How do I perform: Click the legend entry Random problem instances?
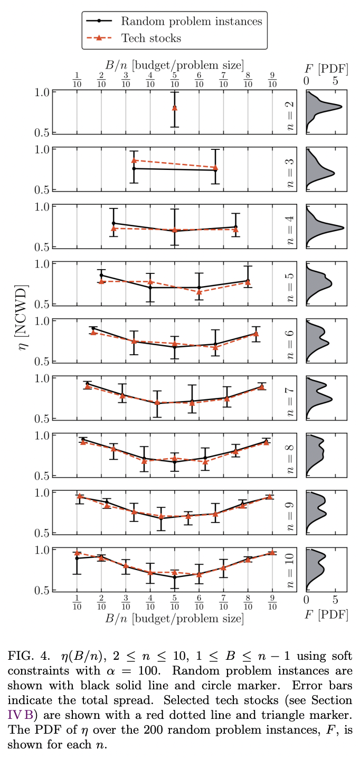[x=191, y=22]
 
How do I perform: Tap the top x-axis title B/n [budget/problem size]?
[x=174, y=65]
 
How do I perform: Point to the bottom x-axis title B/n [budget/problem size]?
[x=174, y=618]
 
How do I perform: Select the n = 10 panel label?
[x=289, y=570]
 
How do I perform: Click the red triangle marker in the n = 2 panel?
[x=175, y=108]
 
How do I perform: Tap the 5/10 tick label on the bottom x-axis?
[x=175, y=604]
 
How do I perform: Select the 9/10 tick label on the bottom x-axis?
[x=272, y=604]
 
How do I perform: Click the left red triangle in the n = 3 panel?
[x=134, y=160]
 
